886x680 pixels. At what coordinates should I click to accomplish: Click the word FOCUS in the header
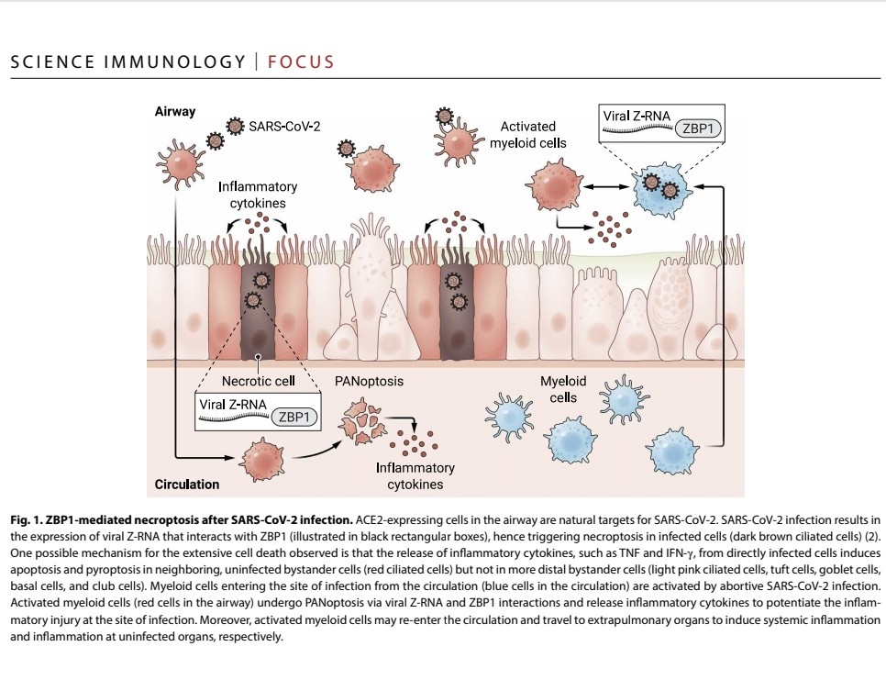(301, 62)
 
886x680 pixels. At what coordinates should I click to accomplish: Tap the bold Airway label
(174, 111)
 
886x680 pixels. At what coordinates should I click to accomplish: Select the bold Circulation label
(187, 484)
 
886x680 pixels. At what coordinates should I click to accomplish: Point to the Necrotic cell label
(259, 381)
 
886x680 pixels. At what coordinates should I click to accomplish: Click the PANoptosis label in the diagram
(370, 381)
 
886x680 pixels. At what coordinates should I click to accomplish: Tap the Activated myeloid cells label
(533, 135)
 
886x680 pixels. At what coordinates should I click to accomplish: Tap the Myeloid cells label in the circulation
(563, 389)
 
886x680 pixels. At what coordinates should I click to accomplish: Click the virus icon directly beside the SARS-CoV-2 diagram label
(236, 124)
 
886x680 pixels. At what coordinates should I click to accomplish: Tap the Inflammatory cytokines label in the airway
(258, 195)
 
